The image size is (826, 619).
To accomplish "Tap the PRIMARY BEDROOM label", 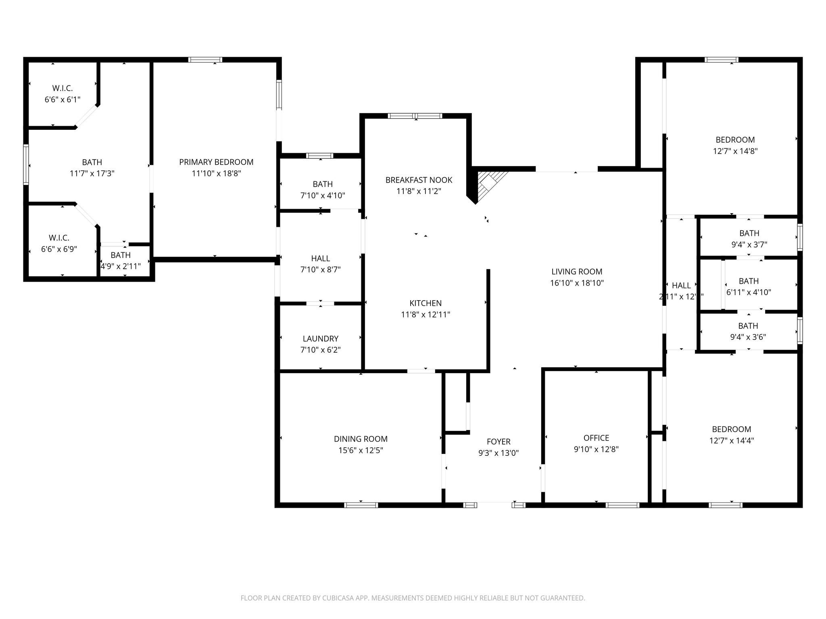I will click(x=216, y=162).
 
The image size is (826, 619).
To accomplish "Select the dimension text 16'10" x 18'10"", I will click(x=577, y=283).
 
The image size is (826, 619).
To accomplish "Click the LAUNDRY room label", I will click(x=321, y=339).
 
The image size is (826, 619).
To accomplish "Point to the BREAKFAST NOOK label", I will click(x=419, y=180).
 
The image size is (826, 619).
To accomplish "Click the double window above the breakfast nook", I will click(x=415, y=116).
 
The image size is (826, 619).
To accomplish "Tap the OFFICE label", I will click(x=596, y=438).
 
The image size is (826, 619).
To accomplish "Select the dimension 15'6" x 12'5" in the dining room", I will click(x=361, y=450).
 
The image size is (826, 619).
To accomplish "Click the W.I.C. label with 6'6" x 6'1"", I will click(x=63, y=88).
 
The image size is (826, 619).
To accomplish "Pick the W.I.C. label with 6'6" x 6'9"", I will click(x=59, y=238).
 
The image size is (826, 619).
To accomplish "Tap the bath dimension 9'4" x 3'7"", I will click(x=749, y=245).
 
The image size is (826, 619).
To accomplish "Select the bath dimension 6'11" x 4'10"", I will click(x=749, y=293).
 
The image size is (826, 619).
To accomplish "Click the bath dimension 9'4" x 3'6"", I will click(x=748, y=337).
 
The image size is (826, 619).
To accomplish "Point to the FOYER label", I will click(x=499, y=442).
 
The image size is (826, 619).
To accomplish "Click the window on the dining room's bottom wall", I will click(x=361, y=505).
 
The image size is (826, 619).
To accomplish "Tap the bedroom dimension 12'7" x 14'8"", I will click(x=735, y=151).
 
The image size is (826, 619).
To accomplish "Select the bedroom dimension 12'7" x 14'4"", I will click(x=731, y=440).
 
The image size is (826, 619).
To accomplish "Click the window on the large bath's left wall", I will click(x=26, y=164).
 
